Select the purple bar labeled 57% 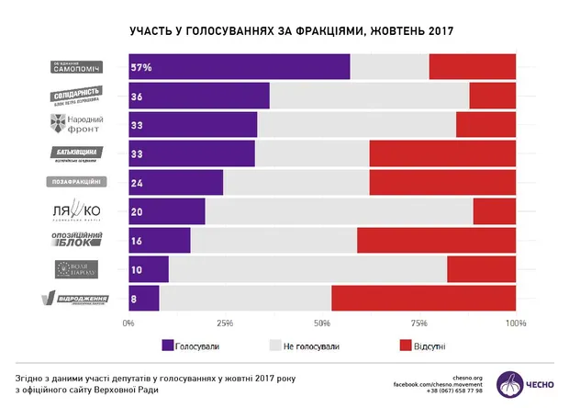pos(239,67)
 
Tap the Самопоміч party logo pos(76,67)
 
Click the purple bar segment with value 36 pos(198,96)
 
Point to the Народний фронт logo pos(77,124)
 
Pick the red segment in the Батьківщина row pos(442,153)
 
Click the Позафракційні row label pos(76,182)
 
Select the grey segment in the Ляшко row pos(339,210)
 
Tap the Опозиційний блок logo pos(76,240)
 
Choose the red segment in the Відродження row pos(423,298)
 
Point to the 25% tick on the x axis pos(225,323)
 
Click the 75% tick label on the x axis pos(418,323)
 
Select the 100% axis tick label pos(515,323)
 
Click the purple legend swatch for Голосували pos(167,346)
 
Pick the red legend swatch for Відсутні pos(406,346)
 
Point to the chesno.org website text pos(467,375)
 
